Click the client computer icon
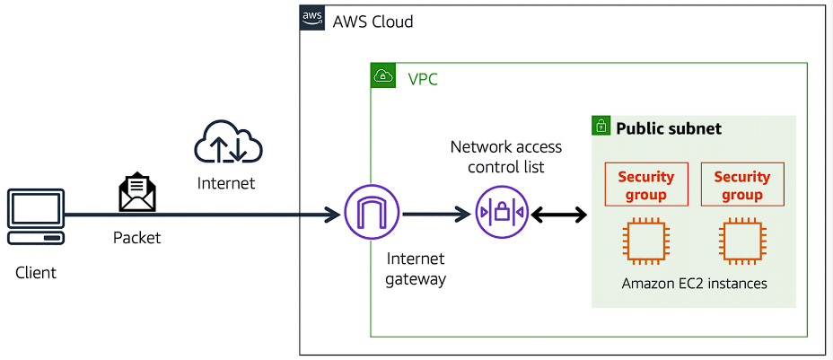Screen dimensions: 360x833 pos(36,216)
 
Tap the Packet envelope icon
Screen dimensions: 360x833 pos(137,194)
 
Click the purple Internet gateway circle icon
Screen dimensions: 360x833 pos(371,214)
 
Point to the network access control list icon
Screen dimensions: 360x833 pos(502,214)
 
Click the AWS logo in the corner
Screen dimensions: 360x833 pos(312,19)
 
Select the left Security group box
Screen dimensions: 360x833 pos(645,185)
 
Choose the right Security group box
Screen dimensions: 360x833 pos(742,185)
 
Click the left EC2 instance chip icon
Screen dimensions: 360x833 pos(646,241)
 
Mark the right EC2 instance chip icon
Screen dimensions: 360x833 pos(741,241)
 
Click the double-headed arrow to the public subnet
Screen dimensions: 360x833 pos(558,215)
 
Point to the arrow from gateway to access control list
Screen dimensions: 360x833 pos(437,214)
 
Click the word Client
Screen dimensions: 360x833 pos(36,272)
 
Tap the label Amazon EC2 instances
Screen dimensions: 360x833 pos(695,284)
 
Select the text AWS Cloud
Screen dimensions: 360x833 pos(373,21)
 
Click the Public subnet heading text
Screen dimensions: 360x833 pos(669,128)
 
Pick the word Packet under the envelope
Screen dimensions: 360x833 pos(137,238)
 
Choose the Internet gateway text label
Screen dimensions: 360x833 pos(416,268)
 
